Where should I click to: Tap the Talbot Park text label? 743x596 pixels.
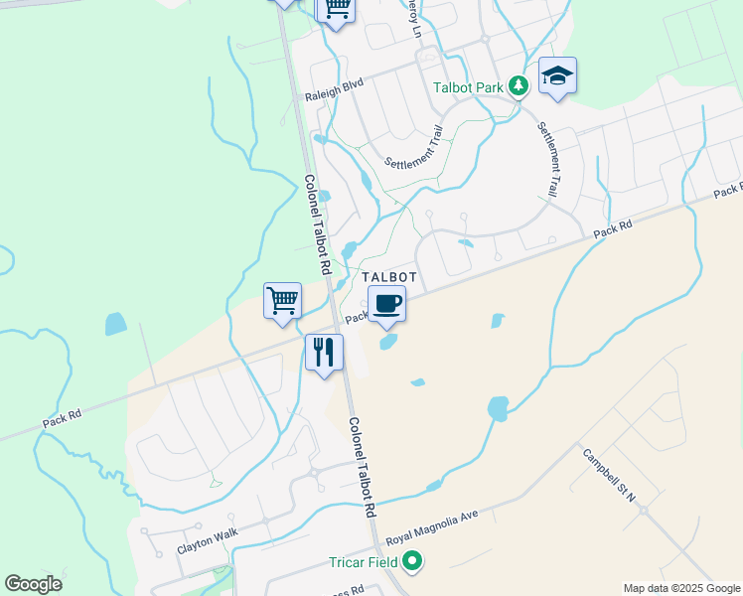[x=469, y=87]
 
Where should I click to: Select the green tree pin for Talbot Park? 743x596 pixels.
[x=518, y=86]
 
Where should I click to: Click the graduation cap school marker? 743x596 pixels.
[x=557, y=75]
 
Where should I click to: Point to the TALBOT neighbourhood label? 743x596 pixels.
[x=388, y=277]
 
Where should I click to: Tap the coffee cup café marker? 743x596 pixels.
[x=387, y=304]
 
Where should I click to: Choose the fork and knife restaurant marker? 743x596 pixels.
[x=324, y=353]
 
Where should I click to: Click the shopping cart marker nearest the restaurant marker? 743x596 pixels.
[x=283, y=299]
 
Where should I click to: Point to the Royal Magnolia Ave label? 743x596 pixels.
[x=432, y=523]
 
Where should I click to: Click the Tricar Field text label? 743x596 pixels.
[x=363, y=563]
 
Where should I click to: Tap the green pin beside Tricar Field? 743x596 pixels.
[x=411, y=563]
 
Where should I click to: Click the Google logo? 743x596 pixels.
[x=33, y=584]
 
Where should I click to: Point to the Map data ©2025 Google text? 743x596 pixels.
[x=681, y=588]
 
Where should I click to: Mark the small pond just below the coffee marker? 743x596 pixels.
[x=387, y=342]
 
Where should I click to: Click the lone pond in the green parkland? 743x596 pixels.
[x=116, y=323]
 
